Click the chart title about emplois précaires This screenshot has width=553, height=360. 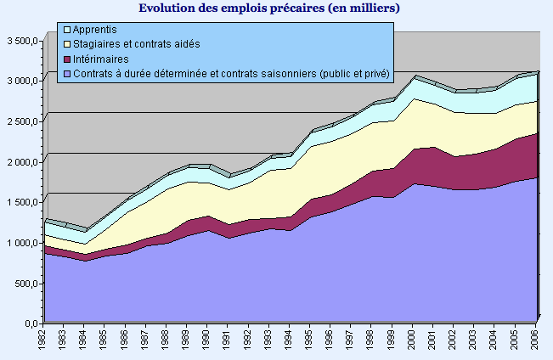tap(268, 8)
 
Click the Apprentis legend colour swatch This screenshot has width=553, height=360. tap(67, 30)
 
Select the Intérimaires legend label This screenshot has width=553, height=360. tap(101, 59)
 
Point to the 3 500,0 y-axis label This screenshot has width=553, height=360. tap(21, 41)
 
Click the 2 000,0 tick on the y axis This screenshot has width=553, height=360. tap(21, 162)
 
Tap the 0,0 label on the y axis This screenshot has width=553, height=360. tap(31, 323)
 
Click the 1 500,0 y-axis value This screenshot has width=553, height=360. tap(21, 203)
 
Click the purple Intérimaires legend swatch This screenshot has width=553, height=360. tap(67, 59)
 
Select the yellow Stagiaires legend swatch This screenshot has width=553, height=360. tap(67, 44)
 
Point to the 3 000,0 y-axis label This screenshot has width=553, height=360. tap(21, 82)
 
